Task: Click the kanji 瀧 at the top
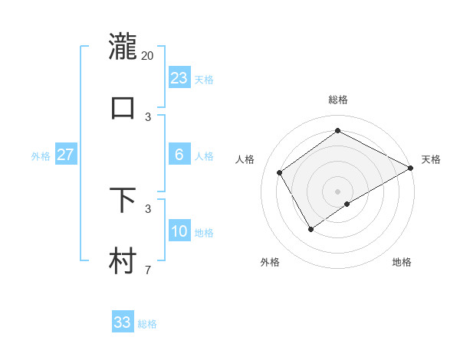click(x=123, y=46)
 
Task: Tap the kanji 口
click(x=123, y=107)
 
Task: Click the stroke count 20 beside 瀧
click(x=148, y=55)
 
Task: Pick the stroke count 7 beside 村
click(x=148, y=270)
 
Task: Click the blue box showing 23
click(x=179, y=78)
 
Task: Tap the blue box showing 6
click(x=179, y=155)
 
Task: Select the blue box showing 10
click(x=179, y=231)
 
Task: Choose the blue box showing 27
click(x=65, y=155)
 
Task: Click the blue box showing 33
click(x=123, y=322)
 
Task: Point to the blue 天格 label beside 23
click(x=204, y=80)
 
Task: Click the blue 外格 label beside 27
click(x=41, y=156)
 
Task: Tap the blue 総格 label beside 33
click(x=147, y=324)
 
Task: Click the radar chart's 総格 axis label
click(x=337, y=100)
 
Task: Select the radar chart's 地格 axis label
click(x=402, y=263)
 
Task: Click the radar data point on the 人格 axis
click(x=280, y=172)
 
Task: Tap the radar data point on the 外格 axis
click(x=310, y=228)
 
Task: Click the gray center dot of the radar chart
click(x=337, y=191)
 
